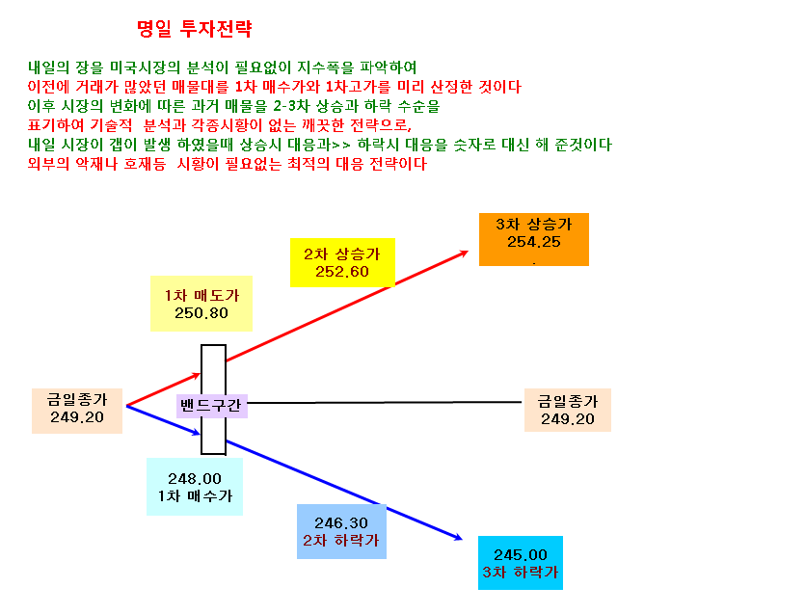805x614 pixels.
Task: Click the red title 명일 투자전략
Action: [195, 29]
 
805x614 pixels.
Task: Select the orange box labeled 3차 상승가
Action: [534, 239]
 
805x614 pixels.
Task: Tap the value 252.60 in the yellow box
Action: [342, 272]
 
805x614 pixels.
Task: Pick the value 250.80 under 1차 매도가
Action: [201, 312]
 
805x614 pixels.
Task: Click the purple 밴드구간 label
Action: [211, 406]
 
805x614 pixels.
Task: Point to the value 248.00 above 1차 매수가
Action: [195, 478]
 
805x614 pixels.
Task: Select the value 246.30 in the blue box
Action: [341, 523]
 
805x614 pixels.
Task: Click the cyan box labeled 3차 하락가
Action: [521, 563]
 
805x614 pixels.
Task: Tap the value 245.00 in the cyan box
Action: [521, 555]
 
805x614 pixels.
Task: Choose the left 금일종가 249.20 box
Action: [77, 411]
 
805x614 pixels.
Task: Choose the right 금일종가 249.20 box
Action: [568, 411]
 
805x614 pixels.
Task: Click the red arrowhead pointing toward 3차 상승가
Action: [464, 253]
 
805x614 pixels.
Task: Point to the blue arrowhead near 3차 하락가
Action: [457, 537]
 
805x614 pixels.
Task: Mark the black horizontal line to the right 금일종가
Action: [385, 403]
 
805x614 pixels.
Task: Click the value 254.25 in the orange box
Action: [534, 242]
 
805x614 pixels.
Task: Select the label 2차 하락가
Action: [341, 540]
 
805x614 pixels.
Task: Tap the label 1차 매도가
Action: [201, 295]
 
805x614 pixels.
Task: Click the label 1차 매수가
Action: [195, 495]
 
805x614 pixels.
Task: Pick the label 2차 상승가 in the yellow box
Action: [342, 254]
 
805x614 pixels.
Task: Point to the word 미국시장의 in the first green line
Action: [146, 67]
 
